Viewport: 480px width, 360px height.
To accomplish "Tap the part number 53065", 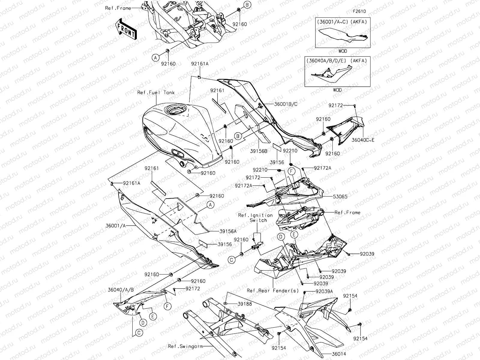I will click(x=340, y=197).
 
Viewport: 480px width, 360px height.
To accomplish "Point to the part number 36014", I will click(x=339, y=354).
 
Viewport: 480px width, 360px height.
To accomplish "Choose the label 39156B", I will click(x=259, y=151).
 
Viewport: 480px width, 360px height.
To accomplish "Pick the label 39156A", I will click(x=228, y=231).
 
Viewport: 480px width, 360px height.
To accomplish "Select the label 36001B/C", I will click(x=285, y=104).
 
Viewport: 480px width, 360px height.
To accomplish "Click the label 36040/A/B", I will click(x=121, y=290).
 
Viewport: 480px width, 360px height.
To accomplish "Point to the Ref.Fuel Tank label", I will click(x=156, y=93).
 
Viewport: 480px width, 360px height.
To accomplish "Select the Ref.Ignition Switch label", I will click(x=256, y=217).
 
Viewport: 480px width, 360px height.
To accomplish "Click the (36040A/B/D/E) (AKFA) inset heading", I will click(x=336, y=61).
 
